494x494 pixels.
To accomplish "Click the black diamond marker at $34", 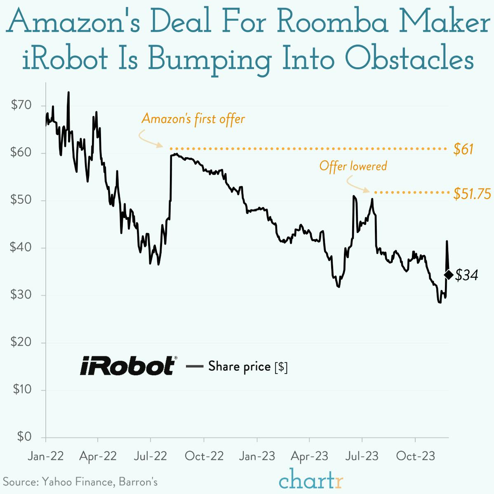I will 449,275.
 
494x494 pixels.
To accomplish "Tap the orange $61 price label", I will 463,149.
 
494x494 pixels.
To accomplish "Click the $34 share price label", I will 466,275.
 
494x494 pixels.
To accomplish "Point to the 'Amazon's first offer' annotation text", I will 193,119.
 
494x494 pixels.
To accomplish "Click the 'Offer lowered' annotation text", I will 353,166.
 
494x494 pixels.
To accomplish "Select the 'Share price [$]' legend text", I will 247,366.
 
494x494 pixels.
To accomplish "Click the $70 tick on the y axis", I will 21,106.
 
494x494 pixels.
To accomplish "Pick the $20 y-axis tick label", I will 21,342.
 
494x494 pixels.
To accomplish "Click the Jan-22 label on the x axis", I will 45,456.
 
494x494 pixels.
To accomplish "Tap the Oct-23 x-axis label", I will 415,456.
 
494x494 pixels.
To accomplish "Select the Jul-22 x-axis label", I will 151,456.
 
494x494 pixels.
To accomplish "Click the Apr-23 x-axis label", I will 309,456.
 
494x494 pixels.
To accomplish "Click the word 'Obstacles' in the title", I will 409,60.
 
